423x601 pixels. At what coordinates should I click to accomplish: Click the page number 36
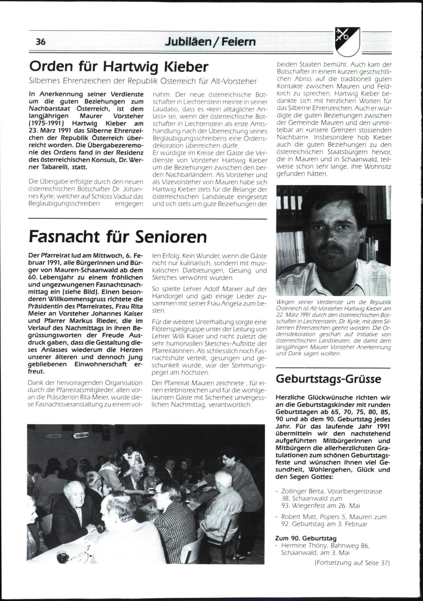[x=41, y=42]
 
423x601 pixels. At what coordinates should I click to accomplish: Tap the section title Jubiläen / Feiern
[x=210, y=42]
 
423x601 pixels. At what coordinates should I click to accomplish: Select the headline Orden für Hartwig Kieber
[x=119, y=66]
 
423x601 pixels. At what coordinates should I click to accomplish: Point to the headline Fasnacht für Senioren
[x=118, y=237]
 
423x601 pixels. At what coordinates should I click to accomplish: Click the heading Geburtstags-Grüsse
[x=328, y=379]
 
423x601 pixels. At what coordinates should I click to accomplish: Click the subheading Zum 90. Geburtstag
[x=306, y=538]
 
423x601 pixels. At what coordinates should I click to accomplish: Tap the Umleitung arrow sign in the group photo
[x=81, y=435]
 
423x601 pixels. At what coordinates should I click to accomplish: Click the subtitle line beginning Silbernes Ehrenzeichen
[x=143, y=81]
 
